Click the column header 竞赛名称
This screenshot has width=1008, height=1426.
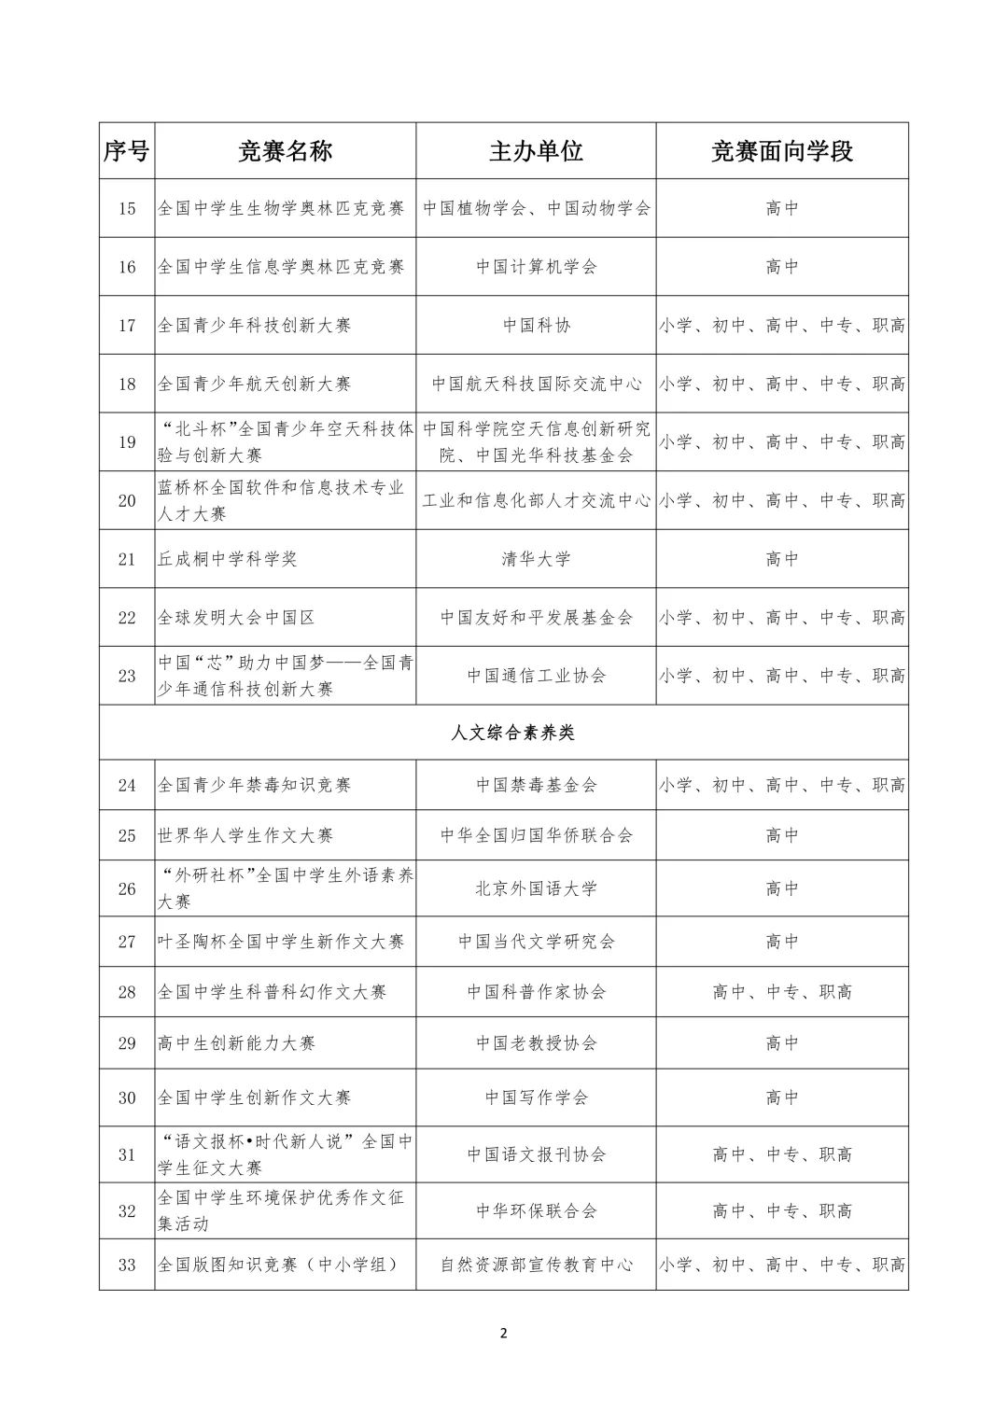click(x=285, y=151)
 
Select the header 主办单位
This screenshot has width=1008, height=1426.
click(x=536, y=151)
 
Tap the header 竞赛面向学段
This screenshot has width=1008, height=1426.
click(x=782, y=151)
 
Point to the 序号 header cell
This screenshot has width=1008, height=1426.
click(x=127, y=151)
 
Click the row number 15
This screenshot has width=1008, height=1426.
click(x=127, y=208)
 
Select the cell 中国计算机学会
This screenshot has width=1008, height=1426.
click(x=536, y=267)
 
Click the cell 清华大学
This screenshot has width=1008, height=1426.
click(x=536, y=559)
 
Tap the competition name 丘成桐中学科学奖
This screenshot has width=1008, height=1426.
click(x=228, y=559)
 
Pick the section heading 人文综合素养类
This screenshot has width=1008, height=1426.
click(x=512, y=733)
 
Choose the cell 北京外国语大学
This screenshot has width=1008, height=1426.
click(x=536, y=888)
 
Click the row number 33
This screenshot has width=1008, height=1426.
click(x=127, y=1265)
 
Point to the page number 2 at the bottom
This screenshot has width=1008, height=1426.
click(x=504, y=1333)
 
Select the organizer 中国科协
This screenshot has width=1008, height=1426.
click(x=536, y=326)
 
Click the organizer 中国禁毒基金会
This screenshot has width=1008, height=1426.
click(x=536, y=785)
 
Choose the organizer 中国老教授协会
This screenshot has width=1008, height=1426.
click(x=536, y=1042)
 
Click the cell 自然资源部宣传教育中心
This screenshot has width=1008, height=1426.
click(x=536, y=1265)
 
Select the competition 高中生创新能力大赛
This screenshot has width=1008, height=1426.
click(x=236, y=1042)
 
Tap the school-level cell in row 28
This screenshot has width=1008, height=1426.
click(x=782, y=992)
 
